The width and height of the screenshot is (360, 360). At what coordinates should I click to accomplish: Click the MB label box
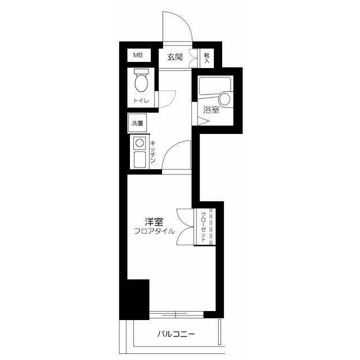tap(139, 55)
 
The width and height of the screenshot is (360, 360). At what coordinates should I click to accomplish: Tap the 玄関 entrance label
tap(175, 57)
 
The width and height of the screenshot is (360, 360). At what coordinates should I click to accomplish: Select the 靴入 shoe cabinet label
tap(207, 58)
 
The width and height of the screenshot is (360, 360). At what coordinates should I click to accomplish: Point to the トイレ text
tap(141, 101)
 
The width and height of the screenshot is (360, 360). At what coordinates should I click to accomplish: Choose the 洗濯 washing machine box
tap(137, 123)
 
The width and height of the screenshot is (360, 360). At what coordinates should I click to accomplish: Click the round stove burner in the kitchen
tap(139, 143)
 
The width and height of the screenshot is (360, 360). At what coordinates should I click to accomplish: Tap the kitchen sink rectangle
tap(139, 160)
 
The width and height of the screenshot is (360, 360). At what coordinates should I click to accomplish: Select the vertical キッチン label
tap(153, 152)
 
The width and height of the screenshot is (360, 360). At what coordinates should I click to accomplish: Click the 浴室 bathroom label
tap(211, 110)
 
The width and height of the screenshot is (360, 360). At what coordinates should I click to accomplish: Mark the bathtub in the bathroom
tap(214, 86)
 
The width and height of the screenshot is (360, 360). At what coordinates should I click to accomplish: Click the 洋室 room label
tap(154, 222)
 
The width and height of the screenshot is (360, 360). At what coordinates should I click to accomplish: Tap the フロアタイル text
tap(154, 231)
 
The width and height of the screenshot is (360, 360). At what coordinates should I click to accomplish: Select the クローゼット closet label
tap(204, 227)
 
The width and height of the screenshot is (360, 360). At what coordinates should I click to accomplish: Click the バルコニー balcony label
tap(176, 334)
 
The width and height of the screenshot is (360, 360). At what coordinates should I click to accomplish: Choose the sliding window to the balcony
tap(176, 314)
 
